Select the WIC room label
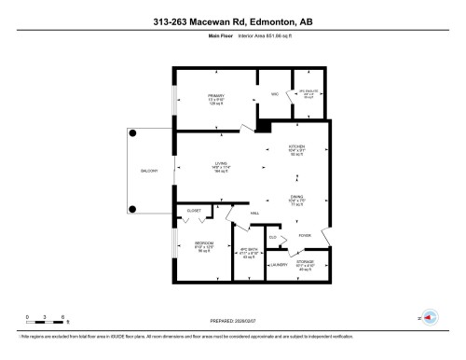tap(275, 95)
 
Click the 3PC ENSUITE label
tap(308, 91)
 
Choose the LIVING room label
tap(221, 164)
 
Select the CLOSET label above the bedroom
tap(194, 211)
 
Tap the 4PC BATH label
tap(249, 251)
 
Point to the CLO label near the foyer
tap(273, 237)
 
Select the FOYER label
tap(304, 236)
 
